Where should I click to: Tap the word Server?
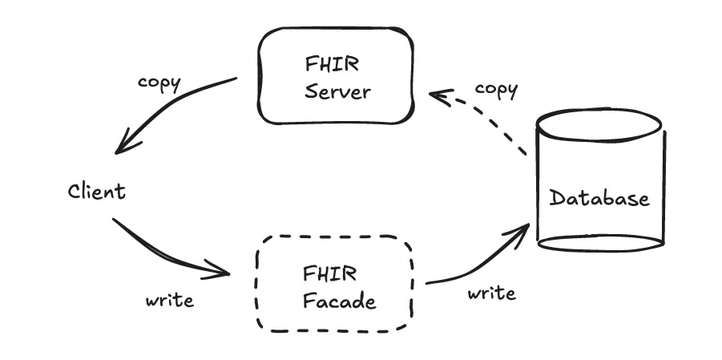click(338, 91)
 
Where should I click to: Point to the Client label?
click(96, 191)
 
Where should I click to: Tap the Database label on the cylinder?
click(599, 197)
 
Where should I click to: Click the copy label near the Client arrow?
click(159, 83)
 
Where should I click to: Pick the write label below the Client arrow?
click(169, 300)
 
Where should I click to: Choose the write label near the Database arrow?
click(491, 293)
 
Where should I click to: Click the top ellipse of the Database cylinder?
click(599, 125)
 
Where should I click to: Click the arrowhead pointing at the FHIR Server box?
click(437, 95)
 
